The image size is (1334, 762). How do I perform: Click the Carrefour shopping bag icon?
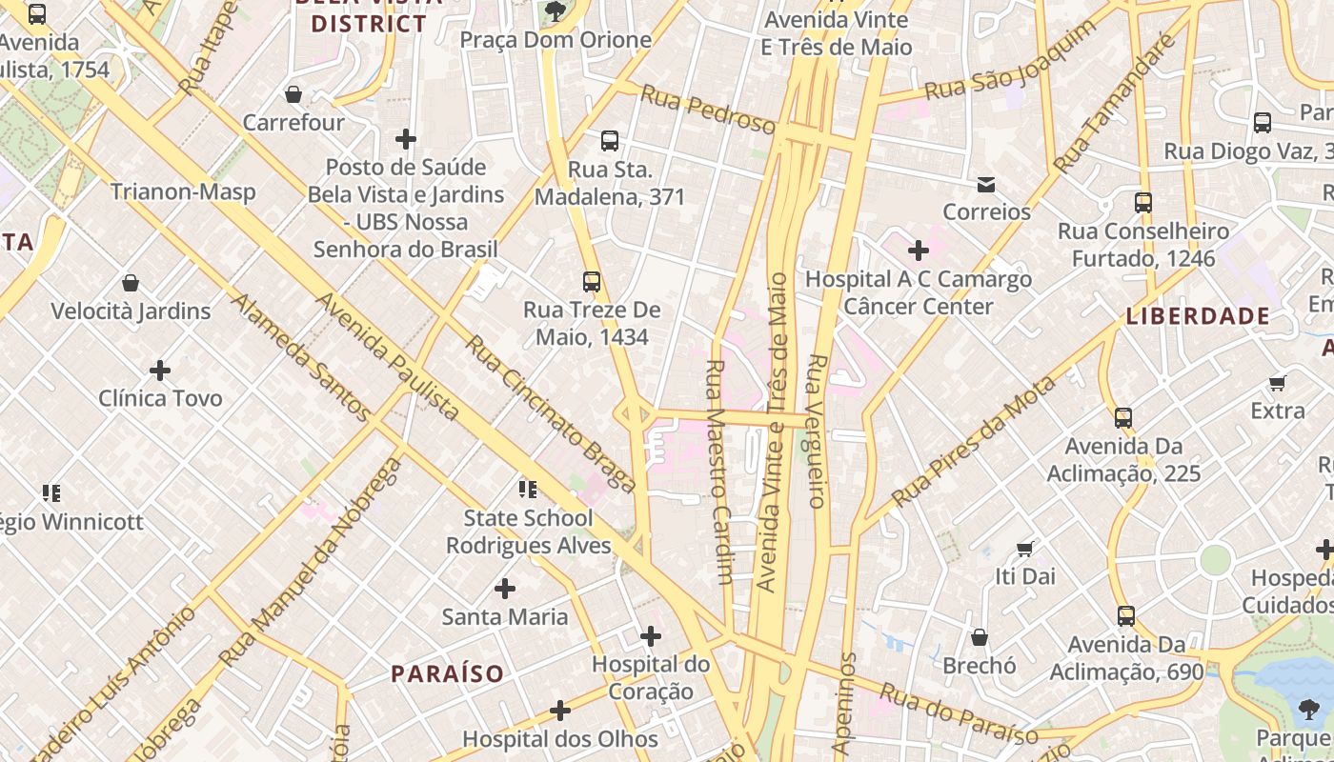[293, 94]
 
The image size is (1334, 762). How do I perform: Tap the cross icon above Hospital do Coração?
[651, 635]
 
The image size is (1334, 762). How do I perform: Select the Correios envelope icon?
[986, 184]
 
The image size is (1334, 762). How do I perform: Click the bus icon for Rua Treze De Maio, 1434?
[592, 282]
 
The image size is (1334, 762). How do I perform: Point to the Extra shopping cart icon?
[1278, 384]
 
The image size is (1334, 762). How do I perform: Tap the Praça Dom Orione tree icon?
[556, 11]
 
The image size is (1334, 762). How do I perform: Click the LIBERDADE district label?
[1198, 316]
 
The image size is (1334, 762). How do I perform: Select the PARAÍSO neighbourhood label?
[447, 673]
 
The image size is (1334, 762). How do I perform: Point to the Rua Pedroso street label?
[708, 110]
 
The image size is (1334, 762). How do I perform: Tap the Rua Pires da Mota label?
[974, 440]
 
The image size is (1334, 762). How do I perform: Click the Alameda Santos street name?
[301, 357]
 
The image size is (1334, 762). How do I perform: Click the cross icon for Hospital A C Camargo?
[919, 251]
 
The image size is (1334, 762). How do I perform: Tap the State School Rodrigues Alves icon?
[528, 490]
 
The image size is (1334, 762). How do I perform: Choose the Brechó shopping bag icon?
[980, 637]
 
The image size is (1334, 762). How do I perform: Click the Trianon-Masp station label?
[183, 191]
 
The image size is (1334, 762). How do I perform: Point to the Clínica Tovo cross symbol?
[160, 370]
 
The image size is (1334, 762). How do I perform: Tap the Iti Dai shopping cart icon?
[1025, 549]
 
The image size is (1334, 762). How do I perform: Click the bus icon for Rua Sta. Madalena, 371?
[610, 141]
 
